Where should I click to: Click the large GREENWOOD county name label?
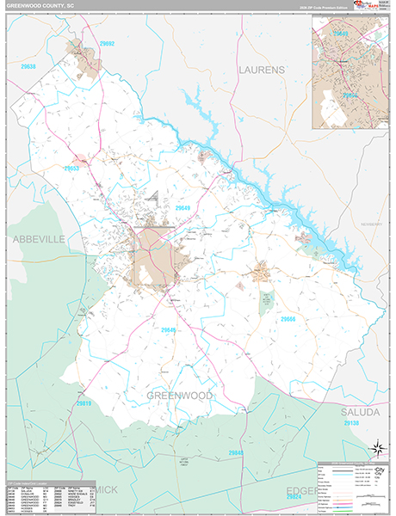179,395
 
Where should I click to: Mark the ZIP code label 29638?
28,66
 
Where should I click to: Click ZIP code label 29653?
73,169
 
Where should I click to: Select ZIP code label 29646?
169,329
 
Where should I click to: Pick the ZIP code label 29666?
289,318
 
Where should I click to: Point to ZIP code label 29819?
84,402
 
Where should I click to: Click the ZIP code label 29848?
237,452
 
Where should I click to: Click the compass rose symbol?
376,448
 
